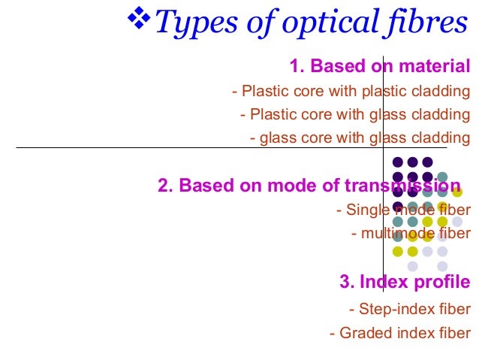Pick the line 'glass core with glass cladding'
[x=361, y=138]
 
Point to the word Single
[x=368, y=210]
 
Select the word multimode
[x=395, y=234]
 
